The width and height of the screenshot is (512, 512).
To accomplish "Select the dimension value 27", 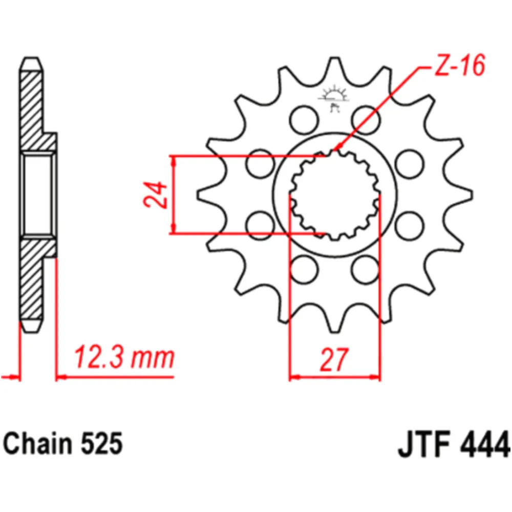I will [x=335, y=360].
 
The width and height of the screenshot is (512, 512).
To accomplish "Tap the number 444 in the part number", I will [x=486, y=444].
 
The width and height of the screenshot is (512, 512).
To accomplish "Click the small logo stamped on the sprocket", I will [x=334, y=98].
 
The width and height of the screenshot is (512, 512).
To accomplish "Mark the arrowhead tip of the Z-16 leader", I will [x=333, y=152].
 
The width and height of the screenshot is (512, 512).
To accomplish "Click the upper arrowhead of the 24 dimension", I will [x=175, y=159].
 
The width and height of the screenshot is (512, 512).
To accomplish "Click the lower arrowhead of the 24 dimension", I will [x=175, y=230].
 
